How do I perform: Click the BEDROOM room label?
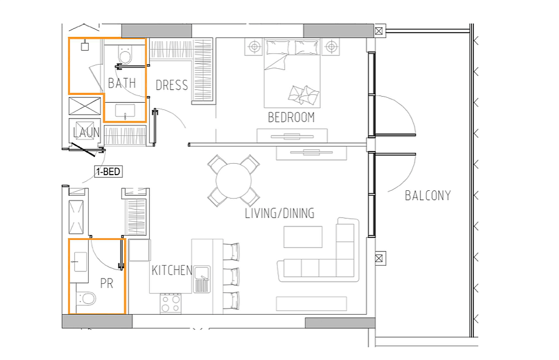(x=291, y=117)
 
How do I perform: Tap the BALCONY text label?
(x=428, y=195)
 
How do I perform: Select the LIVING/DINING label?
(x=279, y=213)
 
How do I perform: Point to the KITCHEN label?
(x=172, y=270)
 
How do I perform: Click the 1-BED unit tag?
(x=108, y=172)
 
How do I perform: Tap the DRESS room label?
(x=172, y=85)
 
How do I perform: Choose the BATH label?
(x=122, y=83)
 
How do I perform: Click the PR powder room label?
(x=106, y=284)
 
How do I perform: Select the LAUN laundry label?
(x=86, y=133)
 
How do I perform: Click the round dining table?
(x=234, y=181)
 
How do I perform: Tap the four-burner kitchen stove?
(x=170, y=303)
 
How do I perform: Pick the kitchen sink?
(x=201, y=279)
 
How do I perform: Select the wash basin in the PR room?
(x=80, y=262)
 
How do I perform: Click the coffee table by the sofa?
(x=303, y=237)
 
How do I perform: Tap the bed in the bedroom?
(x=292, y=74)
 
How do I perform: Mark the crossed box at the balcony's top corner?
(x=378, y=31)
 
